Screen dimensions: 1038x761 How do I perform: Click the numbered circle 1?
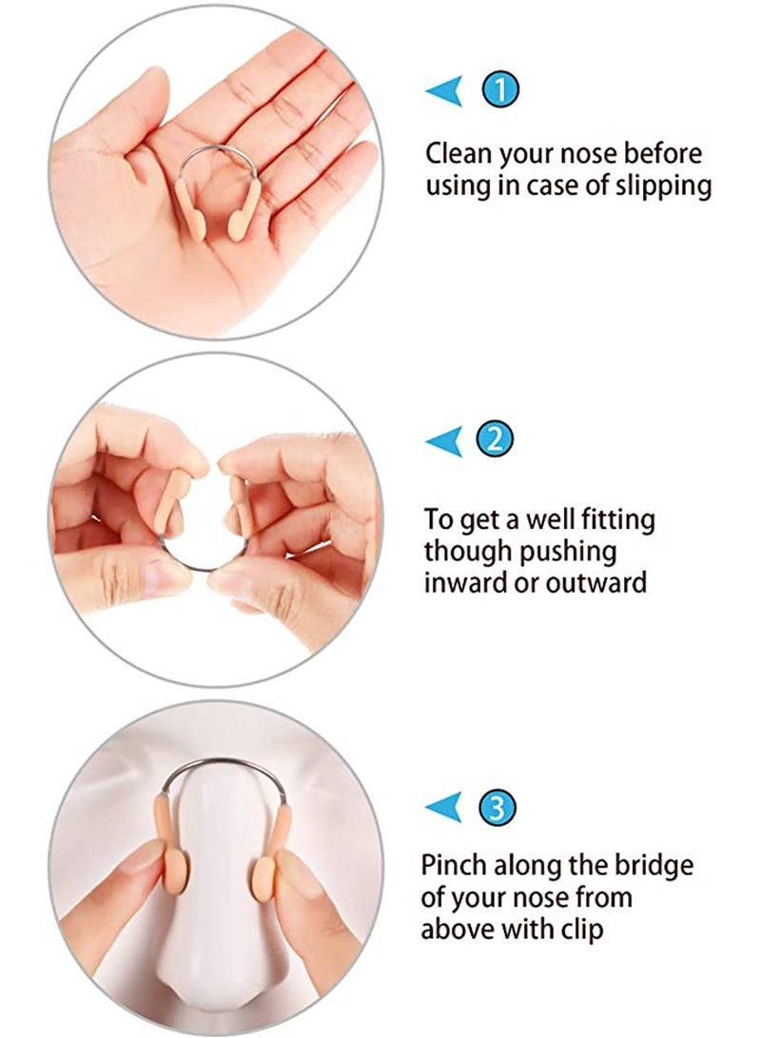tap(500, 91)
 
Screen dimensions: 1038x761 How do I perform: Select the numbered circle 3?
tap(500, 808)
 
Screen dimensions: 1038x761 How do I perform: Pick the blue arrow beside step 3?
tap(443, 808)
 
